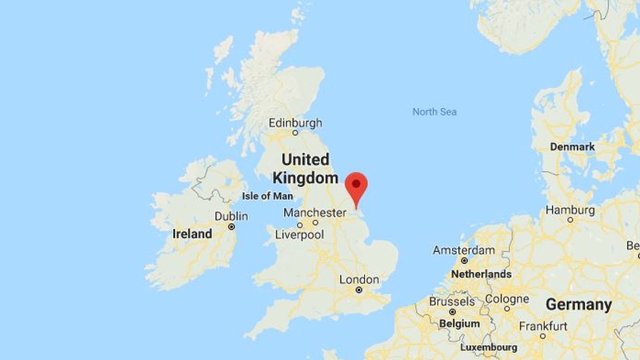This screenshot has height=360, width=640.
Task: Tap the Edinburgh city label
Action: coord(295,123)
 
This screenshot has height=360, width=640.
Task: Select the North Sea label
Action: coord(434,112)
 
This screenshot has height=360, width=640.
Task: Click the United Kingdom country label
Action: coord(306,169)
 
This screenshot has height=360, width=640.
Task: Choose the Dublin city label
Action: coord(230,217)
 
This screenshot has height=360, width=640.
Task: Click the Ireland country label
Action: coord(193,234)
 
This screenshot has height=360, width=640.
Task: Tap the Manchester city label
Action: coord(314,214)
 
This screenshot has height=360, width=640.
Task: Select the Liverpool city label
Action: coord(299,235)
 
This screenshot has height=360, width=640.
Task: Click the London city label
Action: coord(359,279)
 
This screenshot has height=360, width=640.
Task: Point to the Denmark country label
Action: coord(573,147)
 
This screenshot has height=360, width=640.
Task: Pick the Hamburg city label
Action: coord(570,210)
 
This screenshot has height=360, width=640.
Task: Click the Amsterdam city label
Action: coord(464,250)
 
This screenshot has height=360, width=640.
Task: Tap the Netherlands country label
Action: coord(482,274)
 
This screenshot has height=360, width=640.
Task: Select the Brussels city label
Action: coord(452,302)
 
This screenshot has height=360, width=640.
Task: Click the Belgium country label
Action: coord(459,324)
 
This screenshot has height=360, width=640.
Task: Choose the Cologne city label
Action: coord(506,299)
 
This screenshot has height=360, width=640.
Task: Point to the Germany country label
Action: coord(578,305)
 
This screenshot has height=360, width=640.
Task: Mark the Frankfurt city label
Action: coord(543,326)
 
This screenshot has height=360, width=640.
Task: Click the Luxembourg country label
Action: coord(489,348)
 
